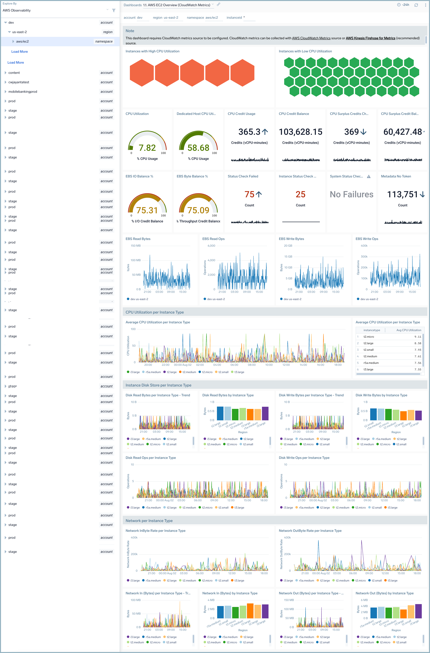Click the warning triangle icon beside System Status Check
(x=369, y=176)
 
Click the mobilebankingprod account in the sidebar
(x=23, y=92)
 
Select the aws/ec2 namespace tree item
(x=23, y=41)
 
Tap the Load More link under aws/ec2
(x=19, y=52)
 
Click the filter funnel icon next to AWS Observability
(x=114, y=10)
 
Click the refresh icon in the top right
(x=416, y=5)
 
